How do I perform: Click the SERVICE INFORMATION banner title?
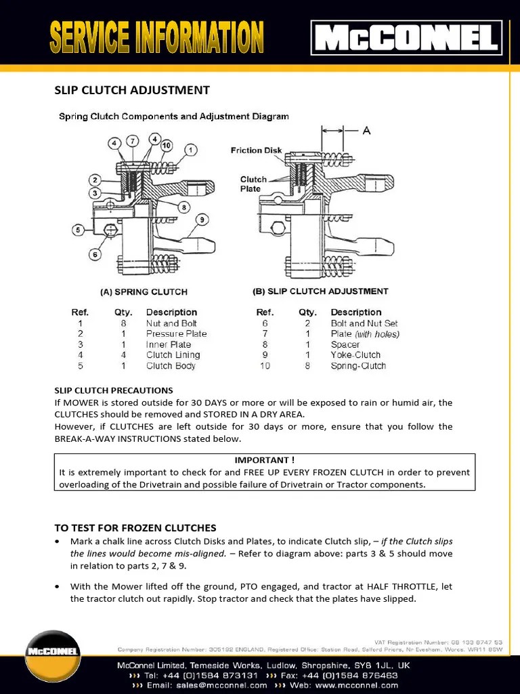pyautogui.click(x=156, y=38)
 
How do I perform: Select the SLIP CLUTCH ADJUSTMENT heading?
pyautogui.click(x=131, y=90)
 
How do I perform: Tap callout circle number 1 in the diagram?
pyautogui.click(x=192, y=149)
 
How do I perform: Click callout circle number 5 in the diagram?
pyautogui.click(x=79, y=230)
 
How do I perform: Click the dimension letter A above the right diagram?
pyautogui.click(x=366, y=130)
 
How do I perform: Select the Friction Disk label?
pyautogui.click(x=256, y=150)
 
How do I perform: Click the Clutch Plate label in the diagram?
pyautogui.click(x=253, y=184)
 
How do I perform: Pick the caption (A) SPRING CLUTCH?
pyautogui.click(x=144, y=292)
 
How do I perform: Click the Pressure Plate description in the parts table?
pyautogui.click(x=176, y=333)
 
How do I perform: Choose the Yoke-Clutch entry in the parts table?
pyautogui.click(x=355, y=354)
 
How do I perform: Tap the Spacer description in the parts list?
pyautogui.click(x=345, y=344)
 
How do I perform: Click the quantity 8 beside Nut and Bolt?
pyautogui.click(x=123, y=323)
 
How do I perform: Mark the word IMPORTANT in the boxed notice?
pyautogui.click(x=264, y=460)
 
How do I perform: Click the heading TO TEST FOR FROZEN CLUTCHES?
pyautogui.click(x=135, y=527)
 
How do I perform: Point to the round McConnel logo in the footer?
pyautogui.click(x=53, y=653)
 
